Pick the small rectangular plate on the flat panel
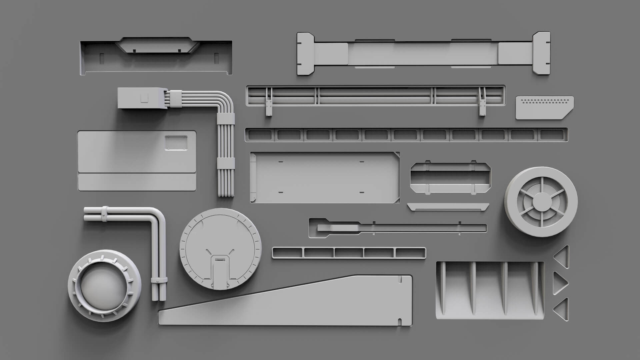[x=176, y=142]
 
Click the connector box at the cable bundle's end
[x=142, y=98]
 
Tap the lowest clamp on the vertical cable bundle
[x=226, y=164]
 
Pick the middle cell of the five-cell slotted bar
[x=348, y=253]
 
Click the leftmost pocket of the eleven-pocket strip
[x=260, y=135]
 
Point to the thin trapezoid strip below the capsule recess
[x=448, y=207]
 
